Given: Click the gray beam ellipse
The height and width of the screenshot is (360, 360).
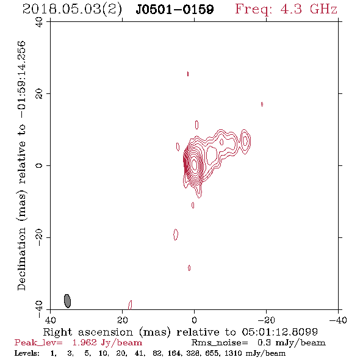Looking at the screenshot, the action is tap(67, 301).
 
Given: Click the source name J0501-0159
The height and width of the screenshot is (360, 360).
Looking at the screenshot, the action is tap(175, 9).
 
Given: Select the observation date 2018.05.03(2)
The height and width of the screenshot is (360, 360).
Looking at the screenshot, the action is tap(72, 9).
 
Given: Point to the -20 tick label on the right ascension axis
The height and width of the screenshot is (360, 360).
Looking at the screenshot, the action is tap(266, 320).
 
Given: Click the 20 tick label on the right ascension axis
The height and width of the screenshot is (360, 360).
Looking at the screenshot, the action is tap(123, 320).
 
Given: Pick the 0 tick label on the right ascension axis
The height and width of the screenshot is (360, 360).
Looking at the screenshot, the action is tap(194, 320).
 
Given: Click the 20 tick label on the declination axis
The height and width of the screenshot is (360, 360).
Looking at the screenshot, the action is tap(39, 94).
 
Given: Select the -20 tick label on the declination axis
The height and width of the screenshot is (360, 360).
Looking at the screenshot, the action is tap(39, 237).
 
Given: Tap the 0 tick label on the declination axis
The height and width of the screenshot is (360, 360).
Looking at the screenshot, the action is tap(39, 165).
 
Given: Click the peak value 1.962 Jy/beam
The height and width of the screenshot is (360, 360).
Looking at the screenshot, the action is tap(107, 343).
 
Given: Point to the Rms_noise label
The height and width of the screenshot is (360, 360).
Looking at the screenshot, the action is tap(220, 343).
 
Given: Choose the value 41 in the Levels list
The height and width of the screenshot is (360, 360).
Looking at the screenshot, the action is tap(140, 353).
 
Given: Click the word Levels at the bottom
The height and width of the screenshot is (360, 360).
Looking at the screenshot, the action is tap(26, 353).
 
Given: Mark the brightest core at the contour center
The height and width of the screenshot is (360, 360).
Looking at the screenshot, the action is tap(195, 164).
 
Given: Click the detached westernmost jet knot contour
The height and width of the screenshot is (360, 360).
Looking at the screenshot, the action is tap(245, 142).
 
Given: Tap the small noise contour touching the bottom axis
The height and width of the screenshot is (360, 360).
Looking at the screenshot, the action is tap(130, 305).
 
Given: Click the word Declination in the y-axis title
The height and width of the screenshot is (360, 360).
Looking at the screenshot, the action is tap(21, 259).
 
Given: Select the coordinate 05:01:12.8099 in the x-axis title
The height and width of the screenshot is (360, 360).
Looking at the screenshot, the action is tap(279, 332).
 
